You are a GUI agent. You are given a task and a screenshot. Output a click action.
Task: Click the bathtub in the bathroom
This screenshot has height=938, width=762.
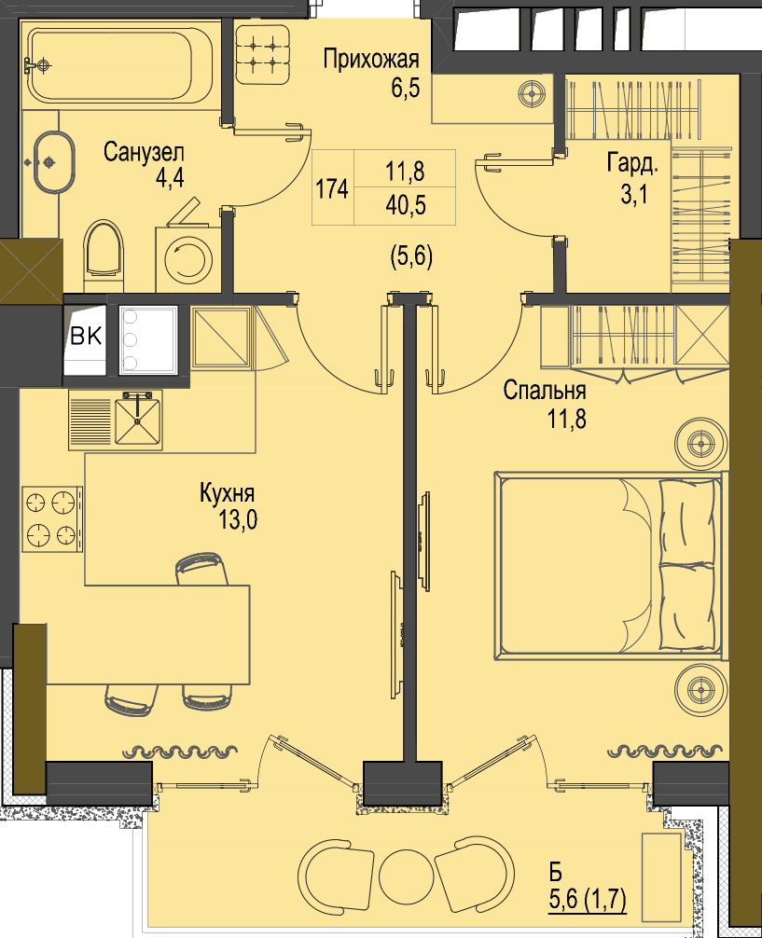(119, 64)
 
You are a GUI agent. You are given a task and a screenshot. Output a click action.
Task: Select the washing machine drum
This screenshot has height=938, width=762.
(188, 259)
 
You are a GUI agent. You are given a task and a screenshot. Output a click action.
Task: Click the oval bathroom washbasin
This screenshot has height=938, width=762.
(54, 161)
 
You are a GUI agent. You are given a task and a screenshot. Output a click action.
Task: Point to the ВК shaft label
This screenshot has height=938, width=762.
(86, 337)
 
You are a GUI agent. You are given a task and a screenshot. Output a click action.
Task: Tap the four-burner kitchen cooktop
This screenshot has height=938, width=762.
(52, 518)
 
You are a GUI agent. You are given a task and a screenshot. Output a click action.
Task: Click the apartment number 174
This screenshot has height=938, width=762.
(332, 188)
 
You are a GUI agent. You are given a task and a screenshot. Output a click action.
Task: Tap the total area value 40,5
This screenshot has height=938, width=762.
(406, 205)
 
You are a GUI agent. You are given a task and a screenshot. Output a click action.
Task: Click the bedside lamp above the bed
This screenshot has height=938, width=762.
(701, 444)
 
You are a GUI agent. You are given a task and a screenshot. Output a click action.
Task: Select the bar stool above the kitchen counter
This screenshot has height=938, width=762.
(201, 569)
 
